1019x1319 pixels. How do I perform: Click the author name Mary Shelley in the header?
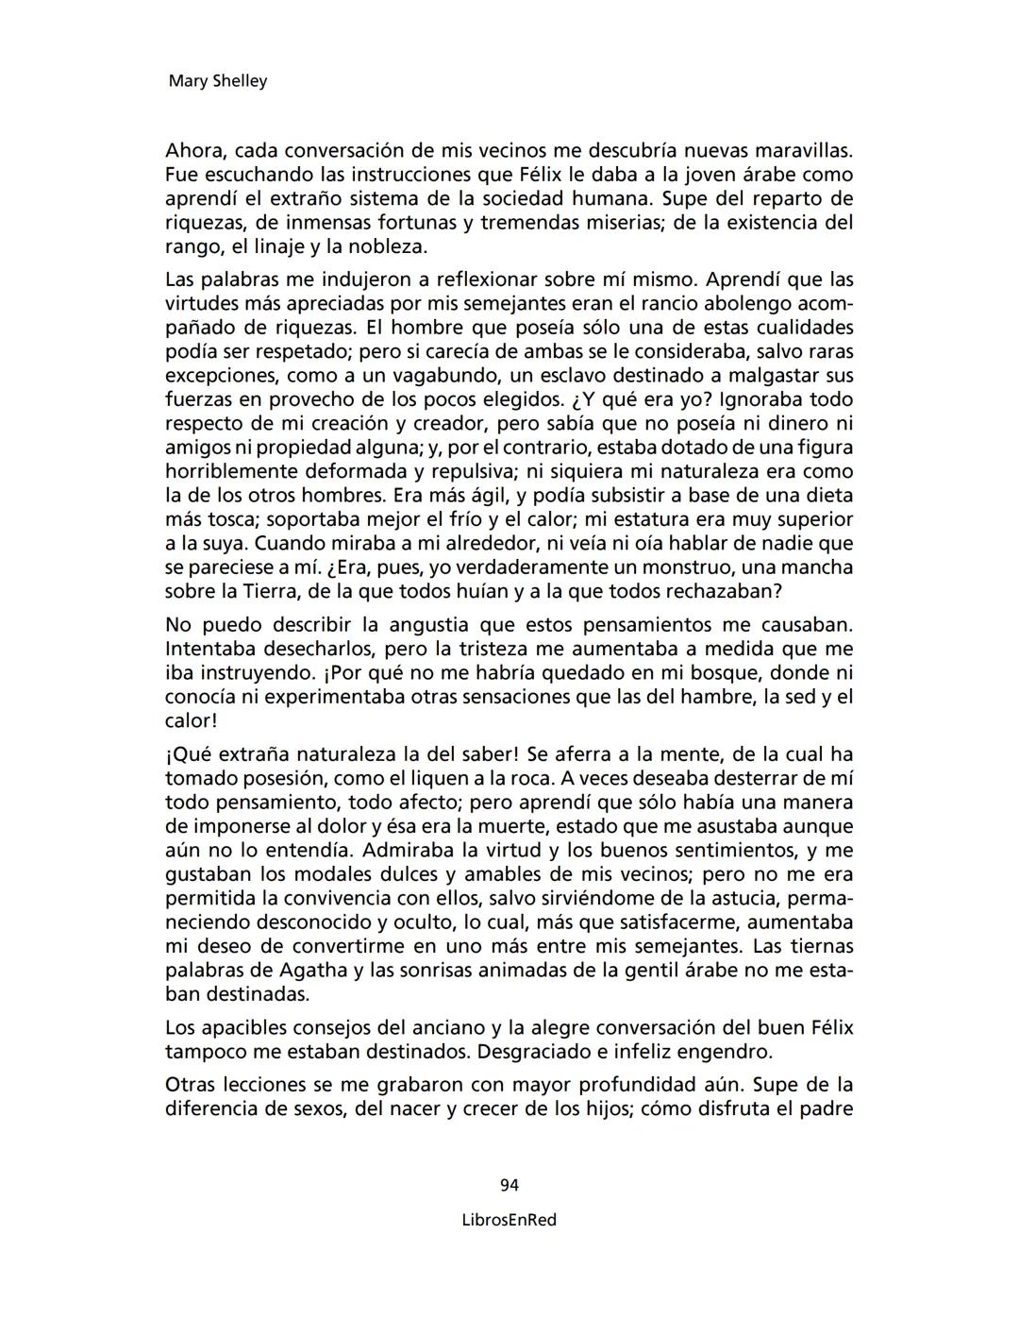(x=217, y=81)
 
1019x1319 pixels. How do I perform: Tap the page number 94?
(x=509, y=1185)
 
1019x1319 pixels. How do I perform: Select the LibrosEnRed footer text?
(x=509, y=1220)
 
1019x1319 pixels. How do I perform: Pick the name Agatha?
(x=316, y=971)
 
